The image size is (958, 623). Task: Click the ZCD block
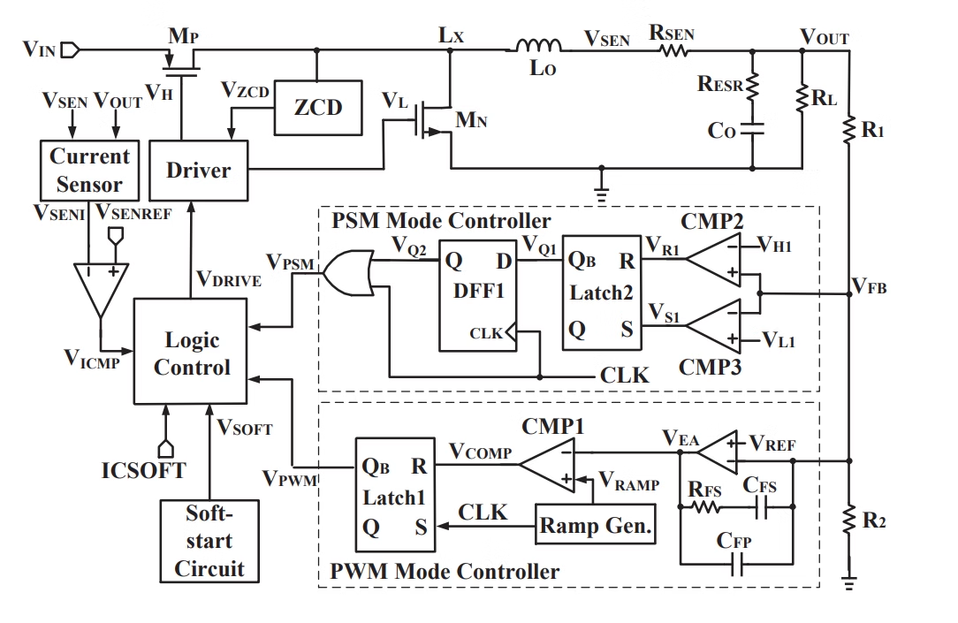(x=317, y=108)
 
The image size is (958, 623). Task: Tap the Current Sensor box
(x=89, y=171)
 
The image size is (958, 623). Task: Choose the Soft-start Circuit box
(x=209, y=540)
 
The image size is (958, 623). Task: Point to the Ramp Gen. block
(x=597, y=528)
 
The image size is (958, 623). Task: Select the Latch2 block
(x=602, y=295)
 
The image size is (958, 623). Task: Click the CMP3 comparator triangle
(x=715, y=325)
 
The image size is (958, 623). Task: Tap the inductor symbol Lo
(x=541, y=47)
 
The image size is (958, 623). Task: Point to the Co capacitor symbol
(x=753, y=129)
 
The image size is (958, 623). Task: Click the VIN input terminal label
(x=40, y=49)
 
